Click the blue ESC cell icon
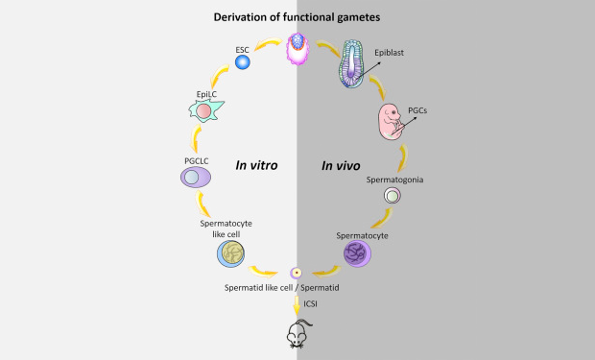click(x=243, y=63)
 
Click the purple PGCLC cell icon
click(x=196, y=177)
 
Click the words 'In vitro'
click(x=256, y=165)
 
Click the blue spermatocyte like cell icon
click(x=235, y=253)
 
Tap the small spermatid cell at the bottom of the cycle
click(x=297, y=273)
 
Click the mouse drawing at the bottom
click(x=297, y=333)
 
